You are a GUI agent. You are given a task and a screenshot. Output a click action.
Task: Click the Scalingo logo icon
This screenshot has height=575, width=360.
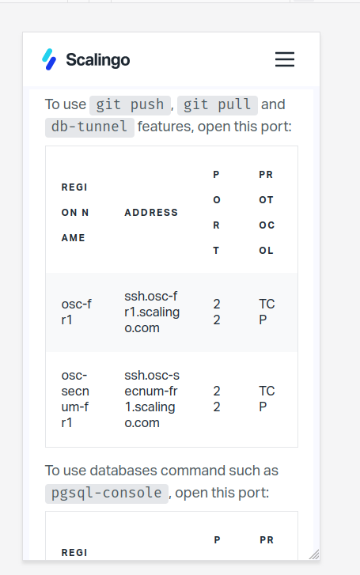click(x=49, y=59)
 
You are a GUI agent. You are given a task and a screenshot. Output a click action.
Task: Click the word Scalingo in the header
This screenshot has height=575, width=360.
click(x=98, y=60)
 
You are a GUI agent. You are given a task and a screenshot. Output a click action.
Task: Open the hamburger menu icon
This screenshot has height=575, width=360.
click(x=285, y=59)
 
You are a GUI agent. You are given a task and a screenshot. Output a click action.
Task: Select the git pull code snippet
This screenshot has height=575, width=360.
click(x=218, y=104)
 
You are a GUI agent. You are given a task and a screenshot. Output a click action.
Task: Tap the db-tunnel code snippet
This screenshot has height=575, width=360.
click(x=89, y=127)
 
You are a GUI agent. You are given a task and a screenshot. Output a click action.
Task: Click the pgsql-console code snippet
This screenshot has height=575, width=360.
click(x=107, y=493)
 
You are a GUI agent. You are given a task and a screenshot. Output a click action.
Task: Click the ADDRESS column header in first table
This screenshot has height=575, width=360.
click(x=151, y=212)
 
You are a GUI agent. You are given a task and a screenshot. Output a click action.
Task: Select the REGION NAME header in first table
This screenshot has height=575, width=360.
click(x=75, y=212)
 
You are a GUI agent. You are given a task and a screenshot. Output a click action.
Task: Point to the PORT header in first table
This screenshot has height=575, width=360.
click(x=217, y=212)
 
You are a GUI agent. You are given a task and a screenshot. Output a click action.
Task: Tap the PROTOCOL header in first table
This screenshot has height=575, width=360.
click(x=267, y=212)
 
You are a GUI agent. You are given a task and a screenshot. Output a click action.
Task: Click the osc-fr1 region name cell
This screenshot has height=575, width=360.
click(x=76, y=312)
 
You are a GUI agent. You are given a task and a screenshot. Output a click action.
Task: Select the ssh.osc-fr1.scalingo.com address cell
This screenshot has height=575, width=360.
click(x=152, y=312)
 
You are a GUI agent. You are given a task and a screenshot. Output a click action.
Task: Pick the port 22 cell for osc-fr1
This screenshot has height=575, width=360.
click(x=217, y=312)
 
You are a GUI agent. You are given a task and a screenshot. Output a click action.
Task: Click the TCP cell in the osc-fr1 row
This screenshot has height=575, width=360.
click(x=267, y=312)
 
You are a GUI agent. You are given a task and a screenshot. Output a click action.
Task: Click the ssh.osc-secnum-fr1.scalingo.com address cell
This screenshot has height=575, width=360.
click(x=152, y=399)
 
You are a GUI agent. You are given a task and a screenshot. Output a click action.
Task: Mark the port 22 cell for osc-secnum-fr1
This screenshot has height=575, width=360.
click(x=217, y=399)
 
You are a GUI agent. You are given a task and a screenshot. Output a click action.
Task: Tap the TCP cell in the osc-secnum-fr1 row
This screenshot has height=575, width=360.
click(x=267, y=399)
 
